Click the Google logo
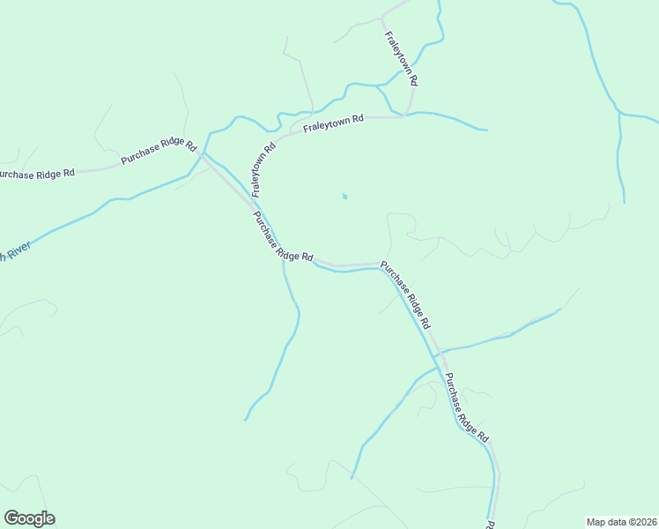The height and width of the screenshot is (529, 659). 29,518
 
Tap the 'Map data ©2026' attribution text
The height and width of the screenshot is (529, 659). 621,522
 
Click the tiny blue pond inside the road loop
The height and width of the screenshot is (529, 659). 344,196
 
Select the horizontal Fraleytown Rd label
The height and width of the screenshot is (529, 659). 334,123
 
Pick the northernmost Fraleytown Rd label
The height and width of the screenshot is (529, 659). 402,58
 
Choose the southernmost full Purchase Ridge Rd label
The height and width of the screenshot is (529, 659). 466,407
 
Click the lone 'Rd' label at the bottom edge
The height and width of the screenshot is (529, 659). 489,512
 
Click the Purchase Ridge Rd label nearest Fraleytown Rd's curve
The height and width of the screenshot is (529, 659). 283,236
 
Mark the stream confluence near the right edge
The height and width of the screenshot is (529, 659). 620,114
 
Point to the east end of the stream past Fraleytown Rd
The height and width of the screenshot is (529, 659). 486,130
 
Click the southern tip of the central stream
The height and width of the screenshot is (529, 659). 245,420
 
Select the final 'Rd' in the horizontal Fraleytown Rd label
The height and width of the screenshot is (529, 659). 358,118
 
